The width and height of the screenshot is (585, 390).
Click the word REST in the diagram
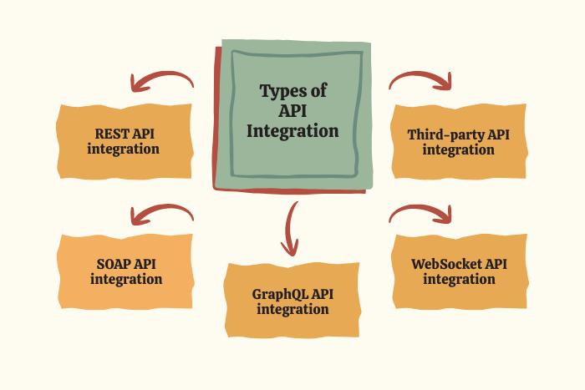click(111, 134)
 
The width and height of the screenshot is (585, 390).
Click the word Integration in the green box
click(292, 131)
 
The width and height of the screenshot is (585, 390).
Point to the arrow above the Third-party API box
click(421, 80)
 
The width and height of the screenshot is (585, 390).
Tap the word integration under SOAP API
click(126, 279)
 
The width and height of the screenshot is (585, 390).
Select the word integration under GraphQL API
click(292, 310)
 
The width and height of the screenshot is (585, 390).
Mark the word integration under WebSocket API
click(459, 279)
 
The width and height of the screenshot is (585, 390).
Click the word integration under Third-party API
click(458, 149)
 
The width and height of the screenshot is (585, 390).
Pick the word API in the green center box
click(292, 111)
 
